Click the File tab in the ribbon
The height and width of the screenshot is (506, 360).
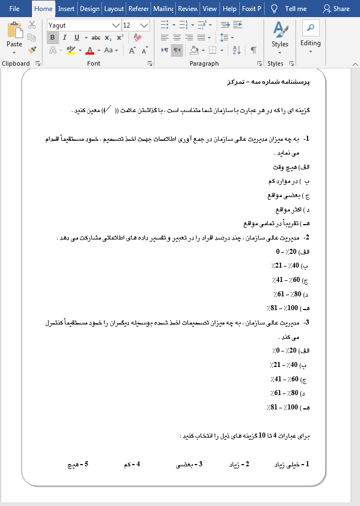click(x=14, y=8)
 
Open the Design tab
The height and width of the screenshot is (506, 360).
click(x=89, y=8)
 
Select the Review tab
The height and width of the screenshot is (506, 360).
click(x=188, y=8)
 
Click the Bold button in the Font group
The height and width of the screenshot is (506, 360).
click(x=52, y=38)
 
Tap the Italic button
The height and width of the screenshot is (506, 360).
click(x=65, y=38)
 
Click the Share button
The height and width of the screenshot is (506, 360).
click(x=336, y=8)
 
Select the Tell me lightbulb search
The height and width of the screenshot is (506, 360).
click(x=289, y=8)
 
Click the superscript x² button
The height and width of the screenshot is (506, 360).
click(x=120, y=38)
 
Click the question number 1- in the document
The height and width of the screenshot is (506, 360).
click(x=307, y=140)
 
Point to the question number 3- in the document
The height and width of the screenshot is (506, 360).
click(x=307, y=323)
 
